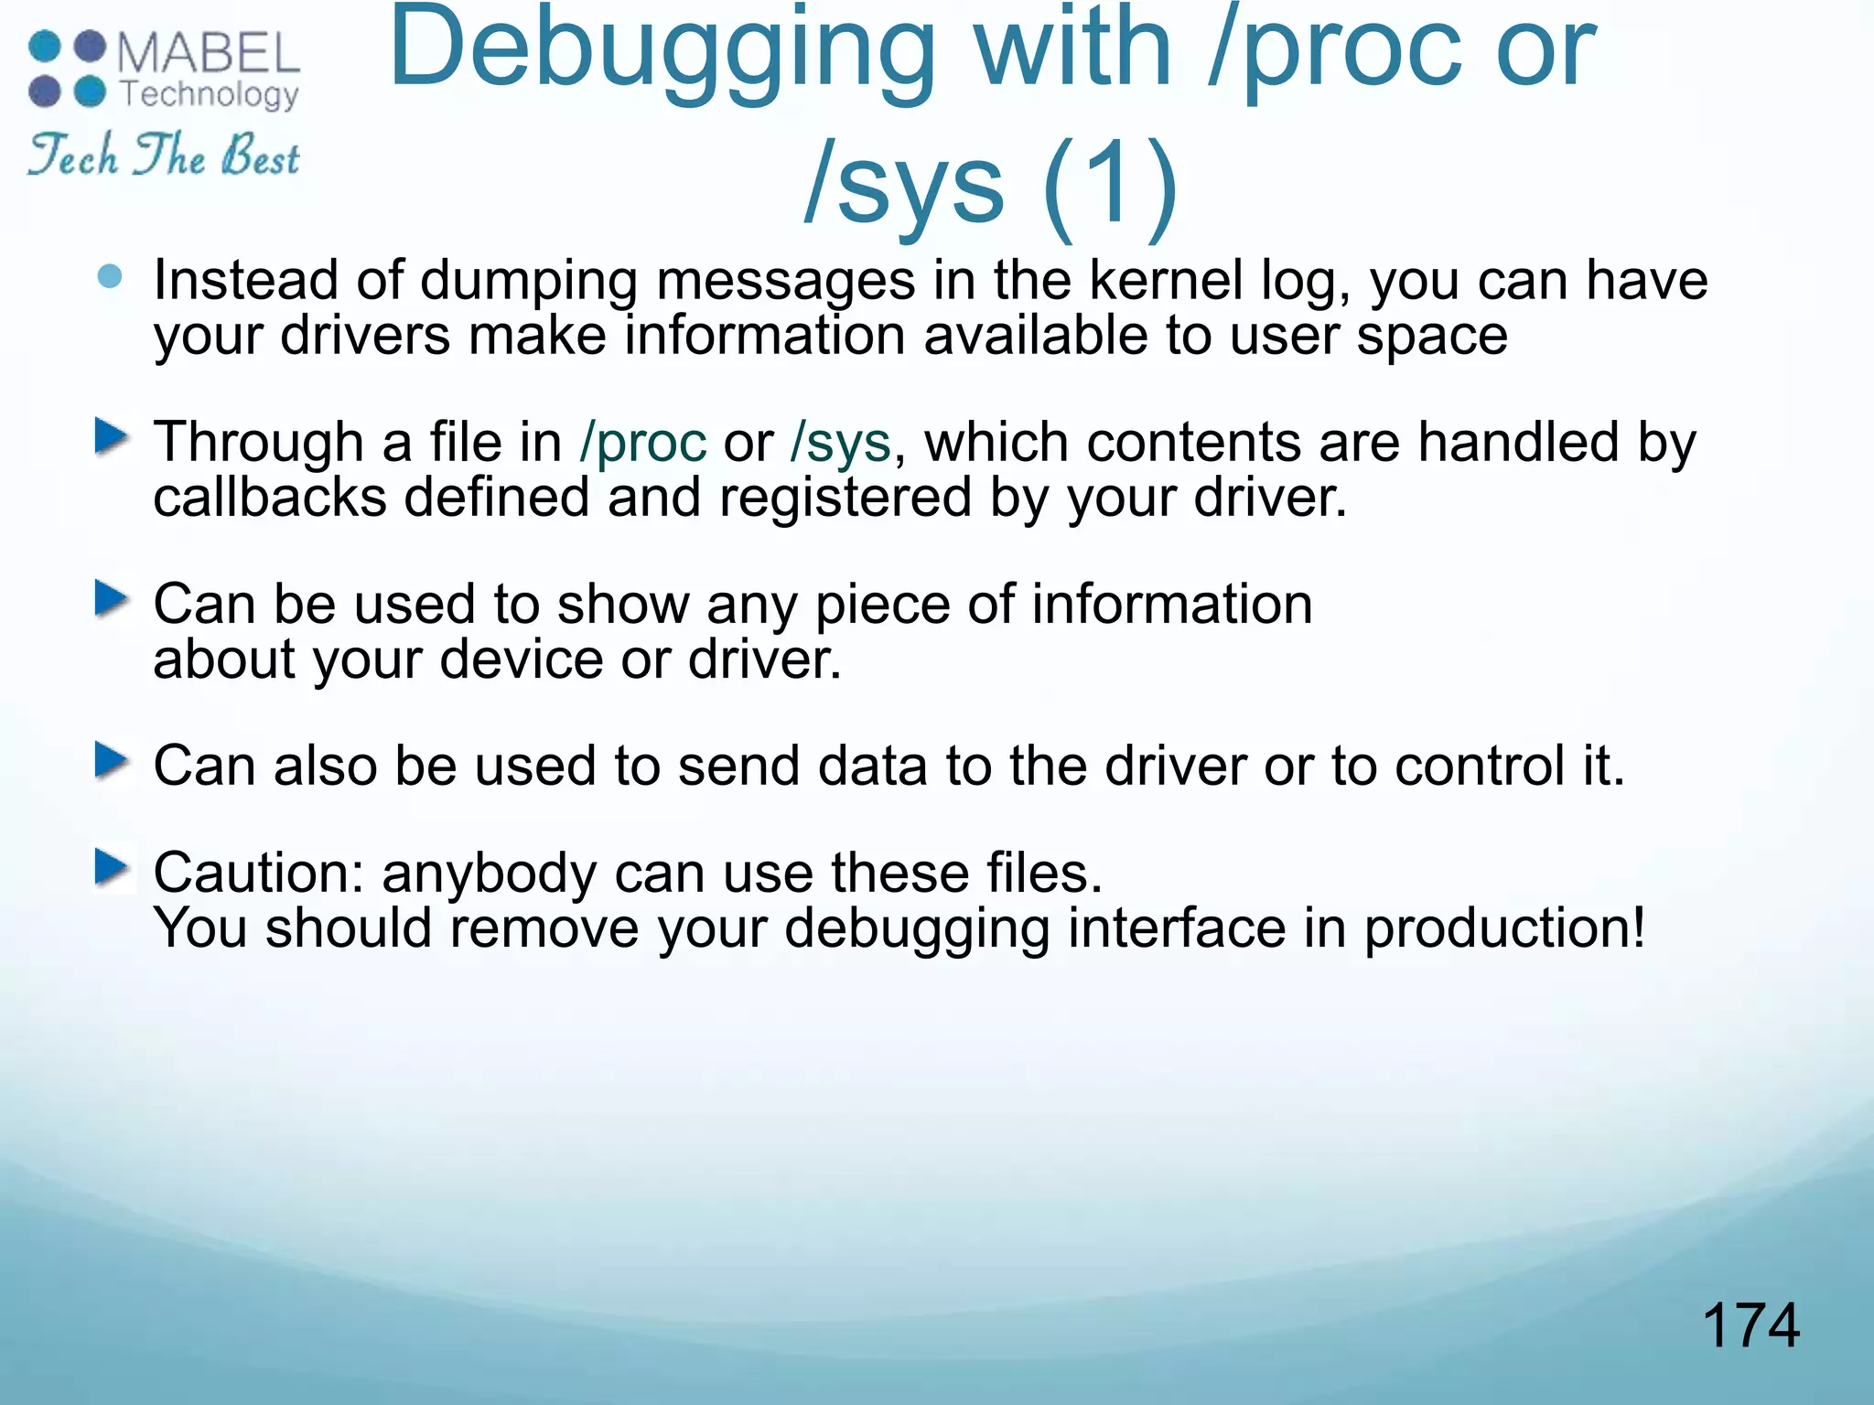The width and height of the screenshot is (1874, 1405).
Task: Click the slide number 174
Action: tap(1750, 1325)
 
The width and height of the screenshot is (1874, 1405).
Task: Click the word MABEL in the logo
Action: tap(209, 53)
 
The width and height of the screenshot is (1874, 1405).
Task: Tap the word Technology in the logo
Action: tap(210, 94)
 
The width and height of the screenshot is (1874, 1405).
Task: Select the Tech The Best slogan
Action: tap(164, 155)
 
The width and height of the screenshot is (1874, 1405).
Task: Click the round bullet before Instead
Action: tap(110, 276)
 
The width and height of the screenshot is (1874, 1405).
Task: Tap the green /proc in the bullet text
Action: tap(643, 443)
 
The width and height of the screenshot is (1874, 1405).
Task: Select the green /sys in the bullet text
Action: tap(840, 443)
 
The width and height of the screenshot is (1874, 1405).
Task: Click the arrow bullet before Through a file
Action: tap(112, 436)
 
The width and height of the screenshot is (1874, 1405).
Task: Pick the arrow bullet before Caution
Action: tap(112, 867)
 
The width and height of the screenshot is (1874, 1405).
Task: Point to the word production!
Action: tap(1505, 928)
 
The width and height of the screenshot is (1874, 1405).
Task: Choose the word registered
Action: tap(845, 498)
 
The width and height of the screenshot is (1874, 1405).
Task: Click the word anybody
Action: tap(490, 874)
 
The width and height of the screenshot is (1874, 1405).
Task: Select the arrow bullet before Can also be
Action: tap(112, 760)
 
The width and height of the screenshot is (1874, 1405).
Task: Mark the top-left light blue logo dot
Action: tap(44, 47)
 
